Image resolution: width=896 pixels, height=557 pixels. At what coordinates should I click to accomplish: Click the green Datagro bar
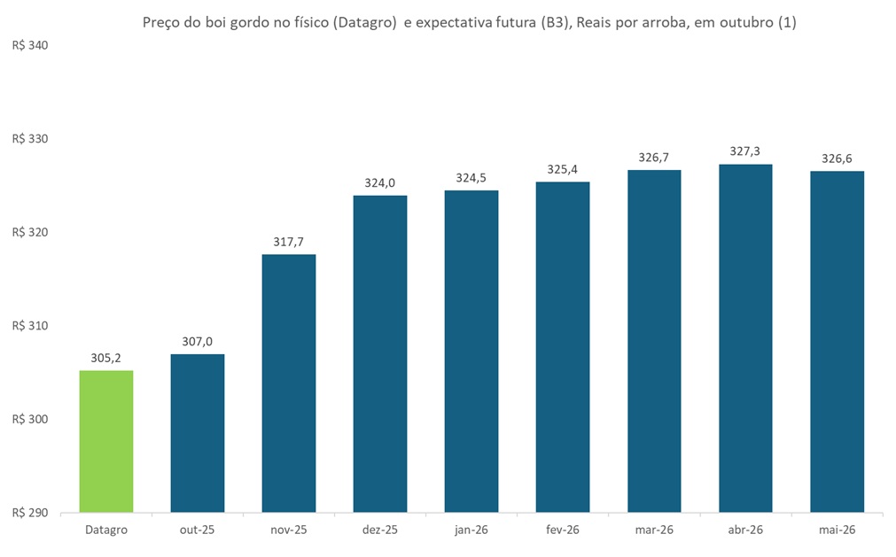pos(106,441)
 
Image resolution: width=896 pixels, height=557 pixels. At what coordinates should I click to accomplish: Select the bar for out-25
pos(198,433)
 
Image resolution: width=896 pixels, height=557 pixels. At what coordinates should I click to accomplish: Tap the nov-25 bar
pos(289,383)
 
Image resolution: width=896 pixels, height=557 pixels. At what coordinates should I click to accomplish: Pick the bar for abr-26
pos(745,338)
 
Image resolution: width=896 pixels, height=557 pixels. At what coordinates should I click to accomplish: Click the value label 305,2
pos(106,359)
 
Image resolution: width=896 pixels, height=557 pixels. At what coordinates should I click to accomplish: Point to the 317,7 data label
pos(289,242)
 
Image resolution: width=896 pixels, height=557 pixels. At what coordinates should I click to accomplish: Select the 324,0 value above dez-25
pos(380,183)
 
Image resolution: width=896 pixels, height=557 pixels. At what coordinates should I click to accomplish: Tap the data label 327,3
pos(745,152)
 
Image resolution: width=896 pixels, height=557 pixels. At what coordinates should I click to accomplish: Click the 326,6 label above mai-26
pos(837,159)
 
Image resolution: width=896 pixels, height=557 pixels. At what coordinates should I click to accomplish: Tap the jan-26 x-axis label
pos(471,530)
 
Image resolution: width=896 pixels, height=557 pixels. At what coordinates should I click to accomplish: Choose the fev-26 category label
pos(563,530)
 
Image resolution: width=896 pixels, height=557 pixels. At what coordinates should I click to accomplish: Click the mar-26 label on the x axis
pos(654,530)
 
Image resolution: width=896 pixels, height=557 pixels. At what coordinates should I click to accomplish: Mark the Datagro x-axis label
pos(106,530)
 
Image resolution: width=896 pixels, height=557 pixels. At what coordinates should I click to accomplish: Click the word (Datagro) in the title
pos(362,24)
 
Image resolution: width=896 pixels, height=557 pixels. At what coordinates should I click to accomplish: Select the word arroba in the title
pos(658,24)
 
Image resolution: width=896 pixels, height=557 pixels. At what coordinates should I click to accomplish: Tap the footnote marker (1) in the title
pos(786,24)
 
